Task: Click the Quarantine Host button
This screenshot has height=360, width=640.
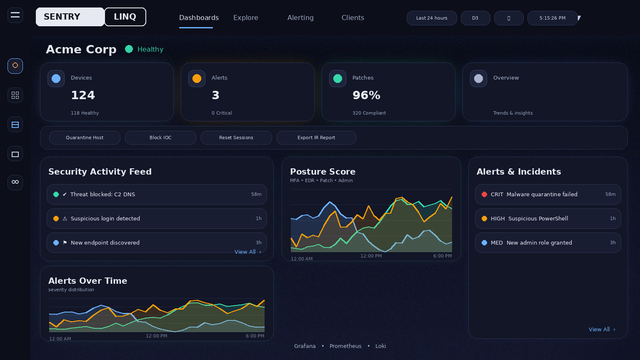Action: click(x=85, y=137)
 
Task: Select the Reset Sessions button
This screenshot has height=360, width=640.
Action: click(x=236, y=137)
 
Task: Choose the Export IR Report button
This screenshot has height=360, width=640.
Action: click(x=316, y=137)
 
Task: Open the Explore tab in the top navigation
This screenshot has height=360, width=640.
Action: click(x=245, y=17)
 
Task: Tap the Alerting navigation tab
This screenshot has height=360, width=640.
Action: click(x=300, y=17)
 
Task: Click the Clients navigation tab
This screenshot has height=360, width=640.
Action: click(x=352, y=17)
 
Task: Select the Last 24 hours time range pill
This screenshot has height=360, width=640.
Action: click(x=432, y=18)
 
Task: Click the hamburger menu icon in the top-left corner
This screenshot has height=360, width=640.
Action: click(x=15, y=15)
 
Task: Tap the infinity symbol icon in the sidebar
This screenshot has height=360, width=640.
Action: click(x=15, y=182)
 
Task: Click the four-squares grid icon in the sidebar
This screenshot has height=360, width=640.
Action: click(x=15, y=95)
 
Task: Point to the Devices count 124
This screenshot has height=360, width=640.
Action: click(x=83, y=95)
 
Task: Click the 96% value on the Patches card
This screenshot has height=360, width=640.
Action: click(x=366, y=95)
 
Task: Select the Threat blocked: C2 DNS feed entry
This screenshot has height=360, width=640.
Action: click(x=157, y=194)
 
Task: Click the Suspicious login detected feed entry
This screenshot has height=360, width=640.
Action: click(x=157, y=218)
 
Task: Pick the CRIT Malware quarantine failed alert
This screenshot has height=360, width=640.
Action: click(x=548, y=194)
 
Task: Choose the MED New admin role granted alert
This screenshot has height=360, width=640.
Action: click(x=548, y=242)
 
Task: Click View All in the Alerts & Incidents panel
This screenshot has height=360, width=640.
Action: click(x=602, y=329)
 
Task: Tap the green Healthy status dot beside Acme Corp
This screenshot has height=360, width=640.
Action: click(x=129, y=49)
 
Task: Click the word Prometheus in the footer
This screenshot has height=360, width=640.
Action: click(x=345, y=346)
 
